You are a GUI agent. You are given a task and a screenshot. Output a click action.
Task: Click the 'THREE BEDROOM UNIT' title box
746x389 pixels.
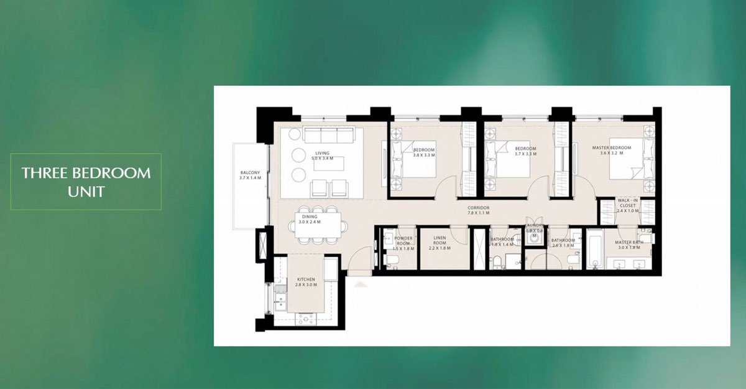click(86, 181)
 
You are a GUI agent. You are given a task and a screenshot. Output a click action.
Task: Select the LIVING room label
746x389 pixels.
click(322, 153)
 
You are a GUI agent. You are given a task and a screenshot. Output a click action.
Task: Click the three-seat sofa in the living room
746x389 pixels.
click(328, 136)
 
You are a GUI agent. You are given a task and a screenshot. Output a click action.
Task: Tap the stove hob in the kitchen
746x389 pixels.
click(306, 318)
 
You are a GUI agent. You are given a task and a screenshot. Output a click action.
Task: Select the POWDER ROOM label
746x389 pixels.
click(403, 240)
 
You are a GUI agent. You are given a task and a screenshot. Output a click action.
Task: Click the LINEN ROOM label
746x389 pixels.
click(439, 240)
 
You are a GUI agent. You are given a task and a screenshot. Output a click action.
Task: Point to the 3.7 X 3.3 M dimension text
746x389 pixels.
click(525, 154)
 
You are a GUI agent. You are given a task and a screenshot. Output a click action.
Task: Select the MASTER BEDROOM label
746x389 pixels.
click(611, 148)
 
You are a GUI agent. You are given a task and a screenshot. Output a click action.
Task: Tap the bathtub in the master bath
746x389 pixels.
click(594, 249)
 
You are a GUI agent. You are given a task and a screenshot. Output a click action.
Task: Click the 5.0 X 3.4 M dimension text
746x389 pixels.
click(322, 158)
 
